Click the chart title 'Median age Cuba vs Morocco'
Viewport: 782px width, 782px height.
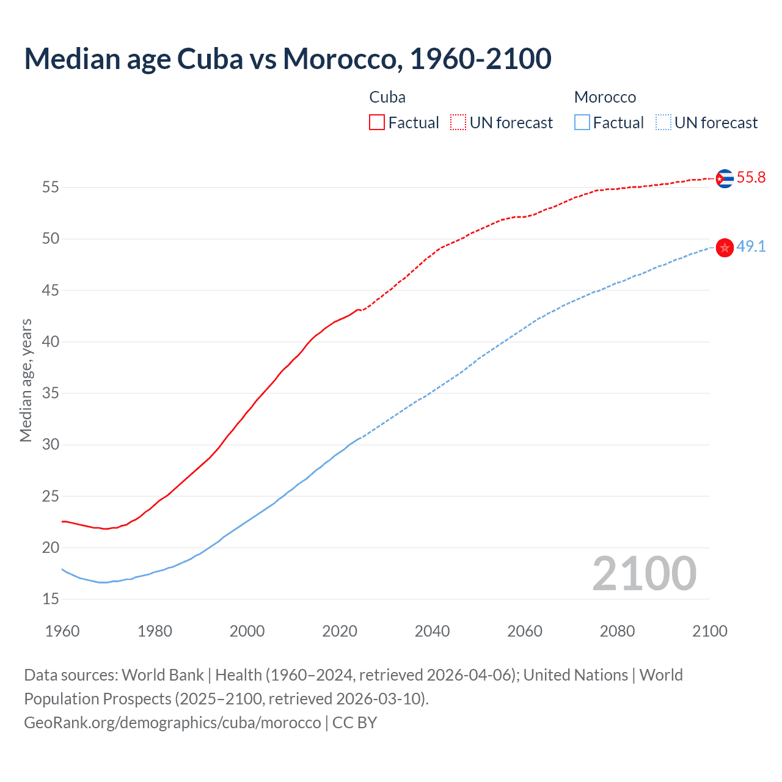tap(288, 59)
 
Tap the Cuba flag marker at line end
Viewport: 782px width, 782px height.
tap(725, 178)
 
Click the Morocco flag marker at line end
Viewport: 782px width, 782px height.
tap(725, 247)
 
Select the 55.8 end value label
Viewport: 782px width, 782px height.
tap(751, 178)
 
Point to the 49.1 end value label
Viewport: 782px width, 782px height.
tap(751, 247)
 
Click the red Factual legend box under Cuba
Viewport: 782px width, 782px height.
tap(377, 123)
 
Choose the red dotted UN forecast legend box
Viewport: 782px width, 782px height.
tap(458, 123)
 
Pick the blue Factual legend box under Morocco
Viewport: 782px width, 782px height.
tap(582, 123)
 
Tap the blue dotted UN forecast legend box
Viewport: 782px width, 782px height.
tap(663, 123)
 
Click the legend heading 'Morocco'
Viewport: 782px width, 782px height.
tap(605, 97)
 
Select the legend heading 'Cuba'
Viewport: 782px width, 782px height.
tap(387, 97)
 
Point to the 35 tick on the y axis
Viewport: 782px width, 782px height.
tap(51, 393)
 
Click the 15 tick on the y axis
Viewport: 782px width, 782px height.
tap(51, 599)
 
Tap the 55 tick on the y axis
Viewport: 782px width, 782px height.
tap(51, 187)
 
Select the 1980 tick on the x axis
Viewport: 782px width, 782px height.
tap(155, 631)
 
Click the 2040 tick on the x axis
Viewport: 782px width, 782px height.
tap(432, 631)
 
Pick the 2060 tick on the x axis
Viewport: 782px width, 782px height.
tap(525, 631)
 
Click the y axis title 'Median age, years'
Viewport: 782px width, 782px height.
tap(26, 380)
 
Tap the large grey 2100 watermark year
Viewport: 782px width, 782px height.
tap(645, 573)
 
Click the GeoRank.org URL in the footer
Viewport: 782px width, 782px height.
tap(172, 723)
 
